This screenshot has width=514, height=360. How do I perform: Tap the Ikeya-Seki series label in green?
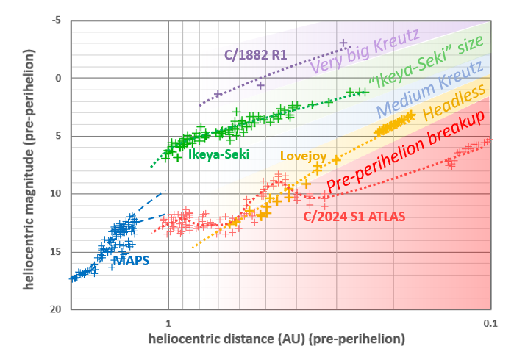(x=218, y=154)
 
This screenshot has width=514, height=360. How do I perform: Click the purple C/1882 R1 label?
(x=255, y=54)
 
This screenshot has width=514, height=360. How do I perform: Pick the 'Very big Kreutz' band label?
(x=365, y=51)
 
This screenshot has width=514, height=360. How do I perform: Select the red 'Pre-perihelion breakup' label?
(x=406, y=153)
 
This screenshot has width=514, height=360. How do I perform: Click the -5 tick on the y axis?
(x=57, y=21)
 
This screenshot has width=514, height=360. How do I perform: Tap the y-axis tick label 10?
(x=57, y=194)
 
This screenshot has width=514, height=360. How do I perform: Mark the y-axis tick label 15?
(x=57, y=252)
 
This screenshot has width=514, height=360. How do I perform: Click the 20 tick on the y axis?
(x=57, y=309)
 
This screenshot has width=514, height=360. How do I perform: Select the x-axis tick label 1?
(x=168, y=322)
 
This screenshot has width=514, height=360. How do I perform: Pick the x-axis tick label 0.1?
(x=490, y=322)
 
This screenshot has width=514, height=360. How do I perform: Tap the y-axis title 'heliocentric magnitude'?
(x=29, y=169)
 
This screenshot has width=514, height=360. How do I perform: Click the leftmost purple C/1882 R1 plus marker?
(x=218, y=94)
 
